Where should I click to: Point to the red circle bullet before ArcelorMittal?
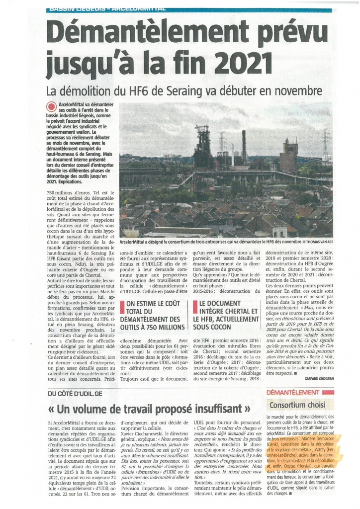point(50,105)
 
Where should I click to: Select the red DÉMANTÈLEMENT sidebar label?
point(292,393)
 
